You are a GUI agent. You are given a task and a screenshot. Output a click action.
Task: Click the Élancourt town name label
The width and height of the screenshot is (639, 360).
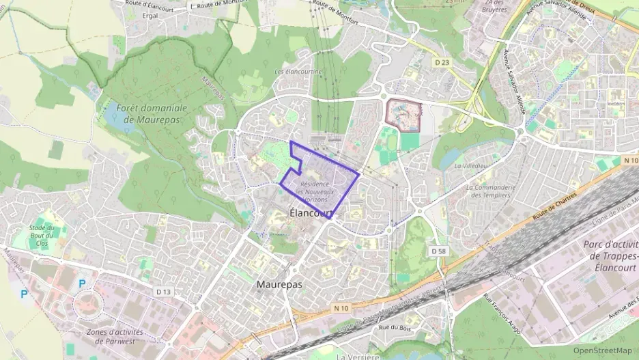[311, 213]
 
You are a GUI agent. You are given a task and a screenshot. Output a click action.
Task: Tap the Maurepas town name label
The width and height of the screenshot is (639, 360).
[279, 283]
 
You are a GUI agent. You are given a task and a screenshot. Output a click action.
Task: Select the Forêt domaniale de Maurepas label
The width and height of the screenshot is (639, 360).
[151, 113]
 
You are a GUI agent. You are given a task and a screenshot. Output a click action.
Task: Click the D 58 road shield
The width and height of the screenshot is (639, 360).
[438, 251]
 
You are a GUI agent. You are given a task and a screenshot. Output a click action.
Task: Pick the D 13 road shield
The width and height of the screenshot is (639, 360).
[163, 292]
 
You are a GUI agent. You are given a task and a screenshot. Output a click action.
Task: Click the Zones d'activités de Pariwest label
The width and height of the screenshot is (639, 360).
[120, 336]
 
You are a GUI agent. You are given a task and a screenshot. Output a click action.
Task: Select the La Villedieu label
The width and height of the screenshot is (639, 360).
[472, 165]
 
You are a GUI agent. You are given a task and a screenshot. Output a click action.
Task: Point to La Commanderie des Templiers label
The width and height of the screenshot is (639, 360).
[490, 191]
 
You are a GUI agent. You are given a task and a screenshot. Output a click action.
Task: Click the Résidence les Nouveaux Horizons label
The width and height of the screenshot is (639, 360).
[315, 192]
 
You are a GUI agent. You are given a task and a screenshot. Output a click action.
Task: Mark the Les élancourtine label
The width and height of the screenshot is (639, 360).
[298, 71]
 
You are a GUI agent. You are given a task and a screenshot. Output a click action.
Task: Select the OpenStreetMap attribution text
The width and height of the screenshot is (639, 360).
[602, 350]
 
